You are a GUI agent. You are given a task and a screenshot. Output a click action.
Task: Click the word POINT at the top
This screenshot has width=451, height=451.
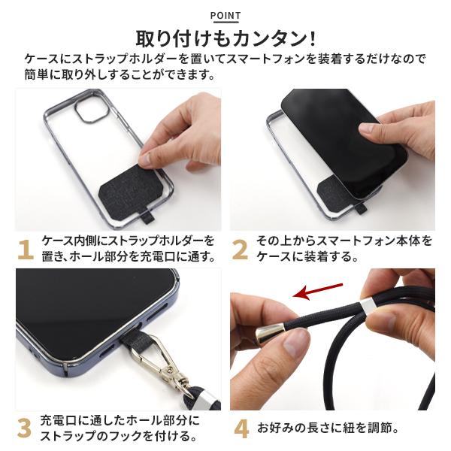click(225, 15)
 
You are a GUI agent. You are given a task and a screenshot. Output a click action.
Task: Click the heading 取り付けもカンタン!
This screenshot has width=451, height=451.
click(225, 38)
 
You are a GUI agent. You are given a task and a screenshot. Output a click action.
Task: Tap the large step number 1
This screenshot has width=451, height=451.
click(25, 249)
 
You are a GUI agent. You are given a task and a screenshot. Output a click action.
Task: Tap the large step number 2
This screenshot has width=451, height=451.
click(240, 249)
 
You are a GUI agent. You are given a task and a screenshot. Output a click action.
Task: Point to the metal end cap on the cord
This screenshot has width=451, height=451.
click(269, 334)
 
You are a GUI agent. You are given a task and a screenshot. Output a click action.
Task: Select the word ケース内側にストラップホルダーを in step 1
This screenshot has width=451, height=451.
click(128, 241)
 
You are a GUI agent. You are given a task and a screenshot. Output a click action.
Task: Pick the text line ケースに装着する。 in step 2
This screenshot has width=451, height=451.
click(305, 257)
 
